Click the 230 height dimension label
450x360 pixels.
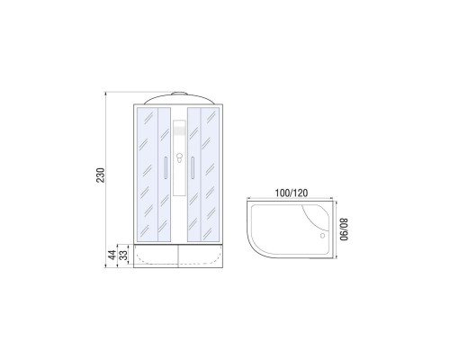(102, 172)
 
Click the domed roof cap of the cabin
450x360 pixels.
(177, 99)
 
